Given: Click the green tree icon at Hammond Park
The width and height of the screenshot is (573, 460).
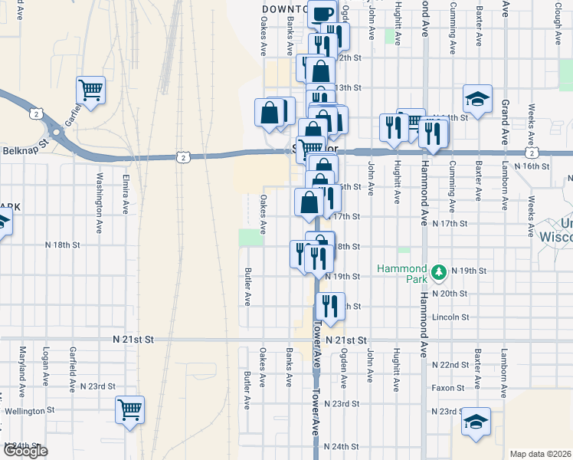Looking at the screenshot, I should tap(438, 271).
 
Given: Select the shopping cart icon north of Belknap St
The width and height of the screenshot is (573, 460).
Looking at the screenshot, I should tap(90, 90).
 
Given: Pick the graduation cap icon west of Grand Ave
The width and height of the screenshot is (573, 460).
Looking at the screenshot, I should tap(476, 98).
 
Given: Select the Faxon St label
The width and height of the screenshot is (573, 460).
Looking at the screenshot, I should tap(449, 388).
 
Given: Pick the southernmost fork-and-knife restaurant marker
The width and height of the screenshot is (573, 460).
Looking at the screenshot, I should tap(331, 306).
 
